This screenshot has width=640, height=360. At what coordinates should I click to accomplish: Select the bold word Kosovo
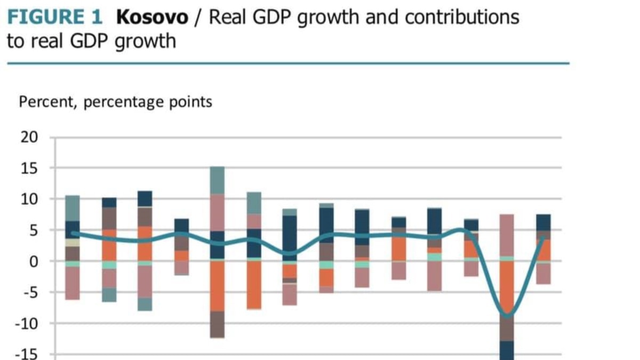point(152,17)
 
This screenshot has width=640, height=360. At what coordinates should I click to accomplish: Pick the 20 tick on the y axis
point(30,137)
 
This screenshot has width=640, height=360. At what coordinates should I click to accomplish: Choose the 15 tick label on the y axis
point(30,168)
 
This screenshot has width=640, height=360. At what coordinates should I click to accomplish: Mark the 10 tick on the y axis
point(30,199)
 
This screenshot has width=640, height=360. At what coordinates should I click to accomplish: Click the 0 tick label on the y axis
point(34,261)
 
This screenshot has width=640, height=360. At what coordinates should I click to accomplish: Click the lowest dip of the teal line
point(507,316)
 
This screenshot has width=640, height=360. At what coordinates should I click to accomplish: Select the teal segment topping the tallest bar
point(217,180)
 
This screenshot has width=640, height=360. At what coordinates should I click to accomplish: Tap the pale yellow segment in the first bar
point(73,243)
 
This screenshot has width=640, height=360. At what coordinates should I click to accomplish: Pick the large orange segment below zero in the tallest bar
point(217,286)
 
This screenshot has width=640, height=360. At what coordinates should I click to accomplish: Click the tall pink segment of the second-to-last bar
point(507,235)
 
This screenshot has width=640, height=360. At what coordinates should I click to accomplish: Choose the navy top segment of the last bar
point(543,222)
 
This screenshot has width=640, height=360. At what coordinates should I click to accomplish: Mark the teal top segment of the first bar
point(73,208)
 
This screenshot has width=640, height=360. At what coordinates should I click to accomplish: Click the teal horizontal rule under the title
point(288,63)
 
